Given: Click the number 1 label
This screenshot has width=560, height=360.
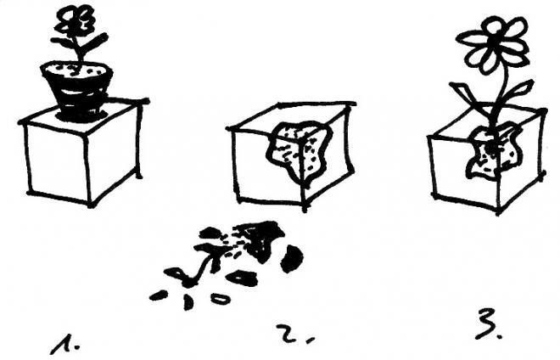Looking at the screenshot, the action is click(x=65, y=345).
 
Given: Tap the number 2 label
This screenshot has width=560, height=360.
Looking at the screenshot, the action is click(x=295, y=333).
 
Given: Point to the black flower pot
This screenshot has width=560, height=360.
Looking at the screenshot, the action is click(x=77, y=91).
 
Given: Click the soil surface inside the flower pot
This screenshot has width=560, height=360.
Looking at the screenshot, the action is click(x=76, y=70).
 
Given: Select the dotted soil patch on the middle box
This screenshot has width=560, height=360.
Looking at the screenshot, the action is click(x=298, y=151).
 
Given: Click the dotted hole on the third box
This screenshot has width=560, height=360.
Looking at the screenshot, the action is click(x=493, y=152).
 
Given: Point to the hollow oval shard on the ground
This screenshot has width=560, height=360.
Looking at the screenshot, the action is click(x=220, y=298).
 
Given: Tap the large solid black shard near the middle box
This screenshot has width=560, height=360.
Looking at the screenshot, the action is click(x=292, y=258).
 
